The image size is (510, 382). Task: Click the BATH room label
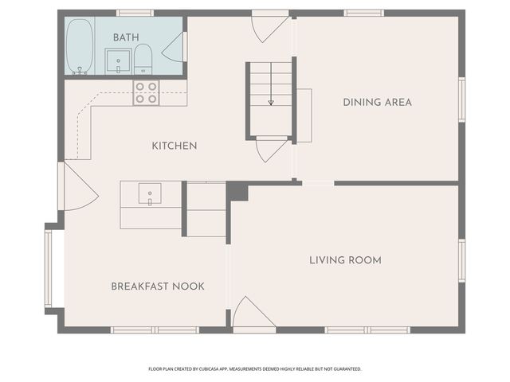(126, 37)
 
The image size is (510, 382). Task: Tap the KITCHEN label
(175, 146)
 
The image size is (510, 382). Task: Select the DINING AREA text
(377, 103)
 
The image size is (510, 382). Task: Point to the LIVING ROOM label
(345, 260)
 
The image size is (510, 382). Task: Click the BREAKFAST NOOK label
(158, 286)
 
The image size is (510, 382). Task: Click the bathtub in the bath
(80, 46)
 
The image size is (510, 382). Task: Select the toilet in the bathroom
(143, 60)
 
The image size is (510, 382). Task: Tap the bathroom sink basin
(119, 61)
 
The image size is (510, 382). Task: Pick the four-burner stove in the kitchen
(146, 93)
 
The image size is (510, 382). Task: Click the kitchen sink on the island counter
(150, 193)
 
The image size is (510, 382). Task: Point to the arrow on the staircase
(271, 84)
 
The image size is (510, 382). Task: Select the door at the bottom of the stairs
(272, 149)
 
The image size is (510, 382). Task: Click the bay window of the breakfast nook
(48, 268)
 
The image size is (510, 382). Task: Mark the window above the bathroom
(135, 13)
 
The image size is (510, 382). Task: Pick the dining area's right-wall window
(462, 99)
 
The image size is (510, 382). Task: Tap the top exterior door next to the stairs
(271, 26)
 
